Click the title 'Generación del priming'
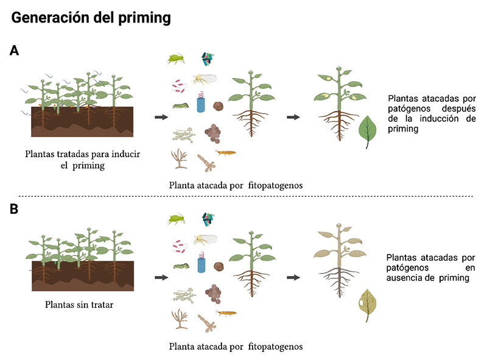coord(91,18)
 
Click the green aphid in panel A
coord(176,58)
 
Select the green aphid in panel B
coord(176,217)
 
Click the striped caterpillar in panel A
coord(180,105)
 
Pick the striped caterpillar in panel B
coord(180,266)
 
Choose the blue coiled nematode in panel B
coord(201,263)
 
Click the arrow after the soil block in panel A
coord(161,117)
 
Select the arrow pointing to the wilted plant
coord(293,277)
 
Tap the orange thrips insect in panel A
coord(225,153)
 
